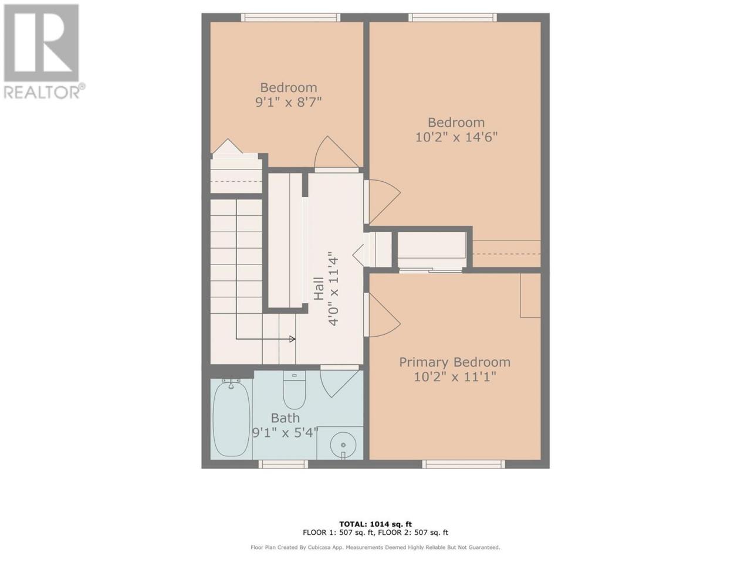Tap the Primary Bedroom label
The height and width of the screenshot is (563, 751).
(455, 362)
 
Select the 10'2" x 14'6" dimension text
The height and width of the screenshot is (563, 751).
(456, 137)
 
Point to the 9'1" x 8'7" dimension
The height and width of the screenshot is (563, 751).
(289, 102)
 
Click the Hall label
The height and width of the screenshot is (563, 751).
(319, 289)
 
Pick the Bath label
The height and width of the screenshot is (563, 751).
(285, 418)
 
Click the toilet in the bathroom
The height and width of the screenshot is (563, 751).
(295, 390)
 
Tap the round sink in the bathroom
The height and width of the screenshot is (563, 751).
(343, 445)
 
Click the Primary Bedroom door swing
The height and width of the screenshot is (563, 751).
(383, 315)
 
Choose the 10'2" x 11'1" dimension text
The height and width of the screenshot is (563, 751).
(455, 377)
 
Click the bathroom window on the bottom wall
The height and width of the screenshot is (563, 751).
(283, 464)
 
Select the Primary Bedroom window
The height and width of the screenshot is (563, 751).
(464, 464)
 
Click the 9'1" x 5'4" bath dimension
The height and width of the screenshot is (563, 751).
(285, 433)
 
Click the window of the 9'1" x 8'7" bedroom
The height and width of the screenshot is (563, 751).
(291, 18)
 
